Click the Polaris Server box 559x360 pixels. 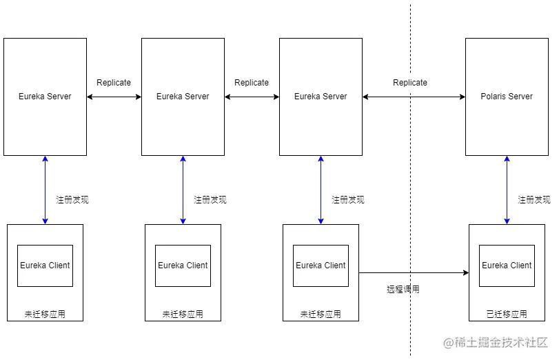[x=507, y=97]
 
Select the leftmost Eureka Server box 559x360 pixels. [x=45, y=97]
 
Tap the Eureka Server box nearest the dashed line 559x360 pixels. [x=321, y=97]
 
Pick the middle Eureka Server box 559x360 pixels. [x=183, y=97]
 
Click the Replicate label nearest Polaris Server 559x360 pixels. [x=410, y=83]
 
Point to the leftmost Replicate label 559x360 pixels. [x=114, y=83]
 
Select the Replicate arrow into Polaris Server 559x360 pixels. [x=441, y=97]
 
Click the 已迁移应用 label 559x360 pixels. [x=507, y=314]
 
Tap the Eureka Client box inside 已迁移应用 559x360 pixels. [x=507, y=266]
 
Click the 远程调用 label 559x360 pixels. [x=403, y=290]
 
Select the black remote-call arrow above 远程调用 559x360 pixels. [x=414, y=273]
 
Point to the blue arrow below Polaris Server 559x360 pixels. [x=507, y=190]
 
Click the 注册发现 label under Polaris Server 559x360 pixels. [x=534, y=200]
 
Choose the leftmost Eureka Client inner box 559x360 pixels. [x=45, y=266]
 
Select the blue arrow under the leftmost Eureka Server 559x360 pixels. [x=45, y=190]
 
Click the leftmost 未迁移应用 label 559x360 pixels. [x=45, y=314]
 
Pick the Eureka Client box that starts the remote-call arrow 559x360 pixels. [x=321, y=266]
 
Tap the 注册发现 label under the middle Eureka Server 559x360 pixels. [x=210, y=200]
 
